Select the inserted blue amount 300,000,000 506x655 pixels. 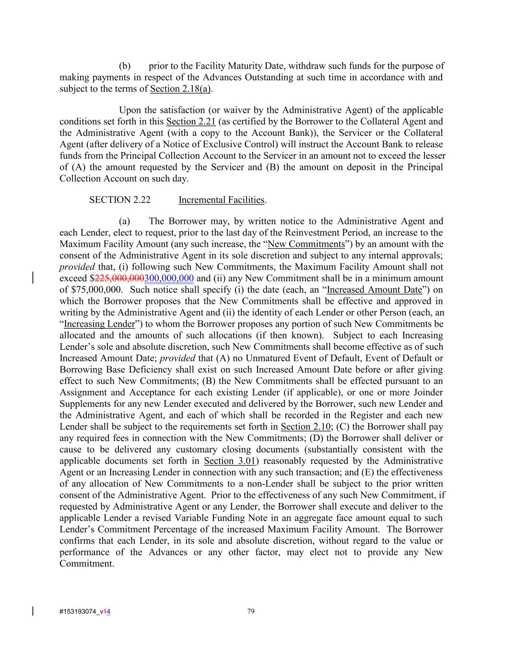(x=169, y=278)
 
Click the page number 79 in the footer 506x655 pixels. (x=251, y=611)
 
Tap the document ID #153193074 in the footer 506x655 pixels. (x=78, y=612)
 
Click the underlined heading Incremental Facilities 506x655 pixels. (x=222, y=200)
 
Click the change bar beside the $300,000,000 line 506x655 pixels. (x=33, y=278)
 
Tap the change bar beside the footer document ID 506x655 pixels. (x=33, y=611)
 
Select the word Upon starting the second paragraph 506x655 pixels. (x=129, y=110)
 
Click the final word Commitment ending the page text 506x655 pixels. (x=86, y=563)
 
